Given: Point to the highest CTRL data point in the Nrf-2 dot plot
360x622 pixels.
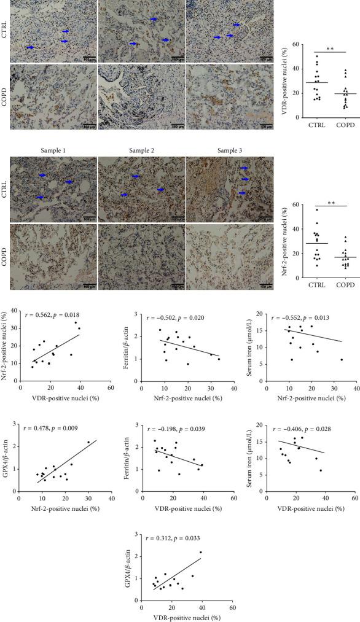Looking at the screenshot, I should [x=318, y=210].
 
